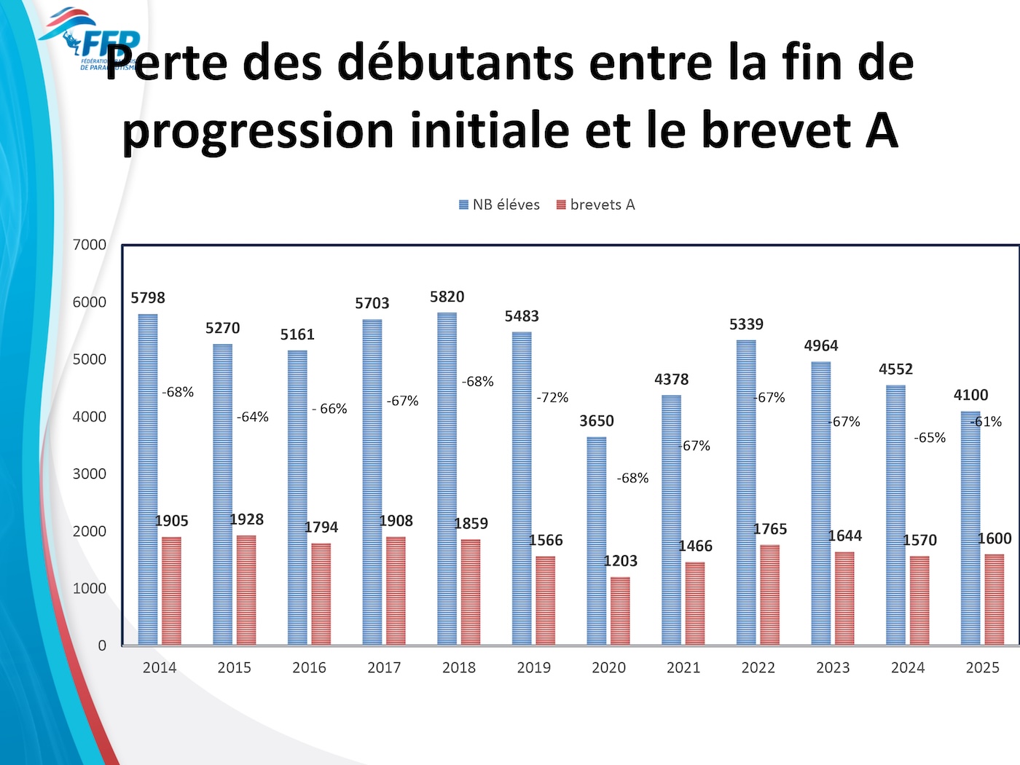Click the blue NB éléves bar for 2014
pos(148,479)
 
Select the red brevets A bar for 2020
pos(620,611)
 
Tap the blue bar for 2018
pos(447,479)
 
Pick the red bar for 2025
pos(994,599)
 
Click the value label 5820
pos(447,297)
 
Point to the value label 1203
pos(620,561)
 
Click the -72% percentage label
pos(552,398)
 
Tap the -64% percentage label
pos(253,417)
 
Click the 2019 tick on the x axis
pos(533,667)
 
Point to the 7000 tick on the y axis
pos(90,245)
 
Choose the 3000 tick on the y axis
pos(90,474)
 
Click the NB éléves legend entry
pos(500,205)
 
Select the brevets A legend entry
pos(596,205)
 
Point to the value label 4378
pos(671,380)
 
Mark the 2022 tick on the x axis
pos(758,667)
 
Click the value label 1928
pos(246,519)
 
